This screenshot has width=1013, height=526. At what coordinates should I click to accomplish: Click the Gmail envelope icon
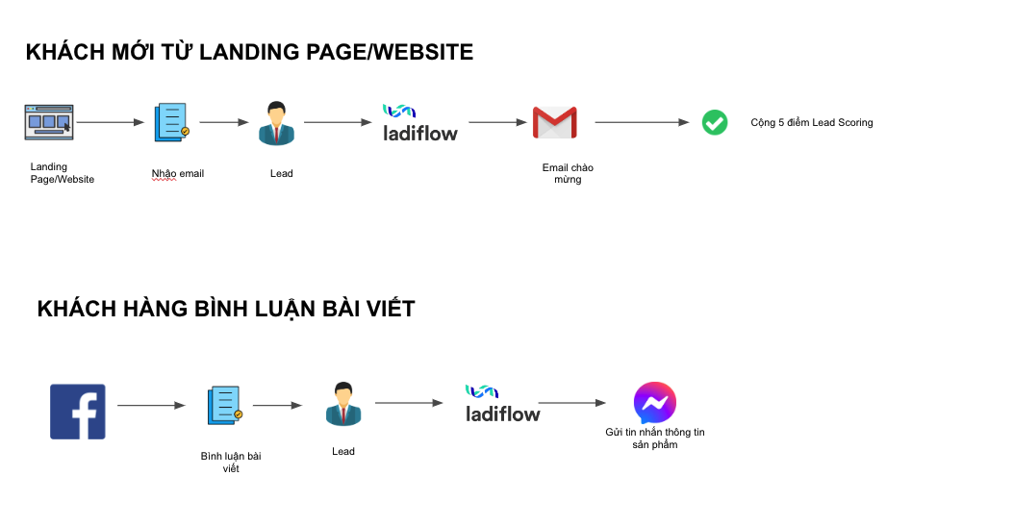554,122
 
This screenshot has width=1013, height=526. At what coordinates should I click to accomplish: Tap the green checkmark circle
714,122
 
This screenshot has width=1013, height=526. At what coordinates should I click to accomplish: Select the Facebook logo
78,412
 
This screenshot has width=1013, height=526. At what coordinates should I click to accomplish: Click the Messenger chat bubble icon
655,403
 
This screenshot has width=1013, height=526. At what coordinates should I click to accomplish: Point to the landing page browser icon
49,122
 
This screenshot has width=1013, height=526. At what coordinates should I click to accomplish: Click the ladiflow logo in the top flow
420,123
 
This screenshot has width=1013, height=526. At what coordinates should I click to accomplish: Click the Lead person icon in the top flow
276,123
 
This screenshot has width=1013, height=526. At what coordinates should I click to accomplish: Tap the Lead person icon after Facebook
342,404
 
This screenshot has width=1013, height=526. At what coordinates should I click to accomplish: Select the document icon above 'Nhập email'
171,123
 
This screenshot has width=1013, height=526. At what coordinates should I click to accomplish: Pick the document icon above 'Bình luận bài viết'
224,405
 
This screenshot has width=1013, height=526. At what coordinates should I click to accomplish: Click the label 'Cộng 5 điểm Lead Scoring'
811,123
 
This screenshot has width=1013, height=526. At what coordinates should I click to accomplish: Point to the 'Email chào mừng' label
568,173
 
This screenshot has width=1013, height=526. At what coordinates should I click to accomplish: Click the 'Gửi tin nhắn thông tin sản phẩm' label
655,438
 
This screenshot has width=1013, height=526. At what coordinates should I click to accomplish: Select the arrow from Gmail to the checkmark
642,122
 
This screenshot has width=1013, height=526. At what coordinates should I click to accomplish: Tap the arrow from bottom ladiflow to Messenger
571,403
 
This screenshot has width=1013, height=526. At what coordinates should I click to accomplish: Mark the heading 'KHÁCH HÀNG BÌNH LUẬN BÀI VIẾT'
226,309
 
